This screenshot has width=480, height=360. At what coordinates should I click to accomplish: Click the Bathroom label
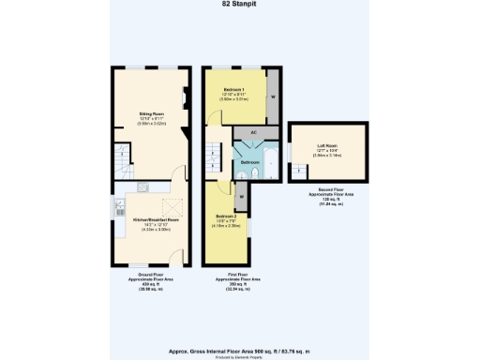tap(249, 162)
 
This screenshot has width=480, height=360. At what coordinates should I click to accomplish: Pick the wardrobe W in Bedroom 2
tap(241, 197)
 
